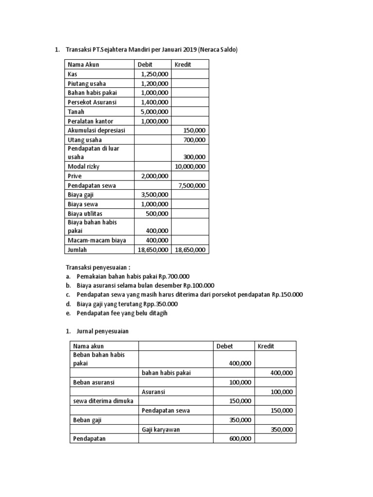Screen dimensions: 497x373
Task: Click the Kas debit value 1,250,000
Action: pos(154,74)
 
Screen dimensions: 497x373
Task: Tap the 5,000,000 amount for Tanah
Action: pos(154,112)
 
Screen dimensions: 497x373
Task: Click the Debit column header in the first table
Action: pos(145,65)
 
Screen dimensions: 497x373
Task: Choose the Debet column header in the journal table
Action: pos(224,346)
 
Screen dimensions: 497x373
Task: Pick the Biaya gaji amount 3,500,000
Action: pos(154,195)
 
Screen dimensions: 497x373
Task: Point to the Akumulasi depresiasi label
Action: pos(96,131)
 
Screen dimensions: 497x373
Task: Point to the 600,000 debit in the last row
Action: pos(240,439)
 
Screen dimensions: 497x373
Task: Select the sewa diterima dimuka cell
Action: pos(103,401)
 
